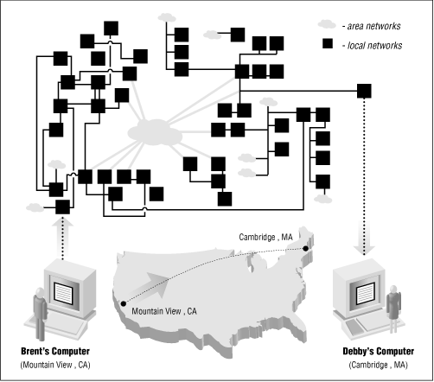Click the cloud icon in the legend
pyautogui.click(x=325, y=25)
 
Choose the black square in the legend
pyautogui.click(x=327, y=44)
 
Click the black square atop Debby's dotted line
pyautogui.click(x=364, y=90)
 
